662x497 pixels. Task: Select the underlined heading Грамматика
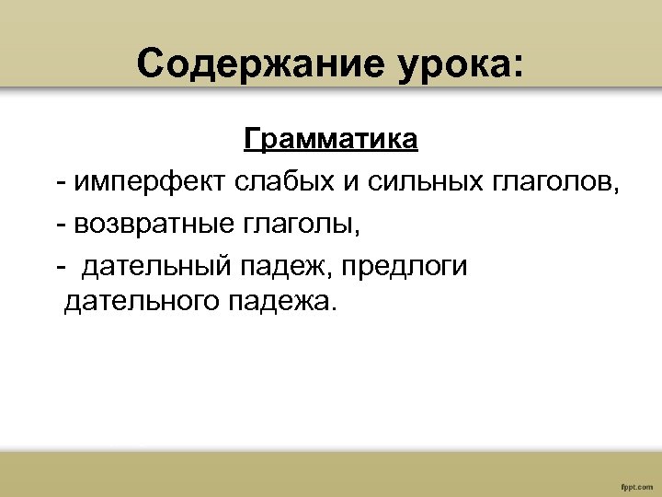pyautogui.click(x=331, y=140)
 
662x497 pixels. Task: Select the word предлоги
pyautogui.click(x=405, y=267)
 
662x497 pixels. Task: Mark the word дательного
pyautogui.click(x=139, y=301)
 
